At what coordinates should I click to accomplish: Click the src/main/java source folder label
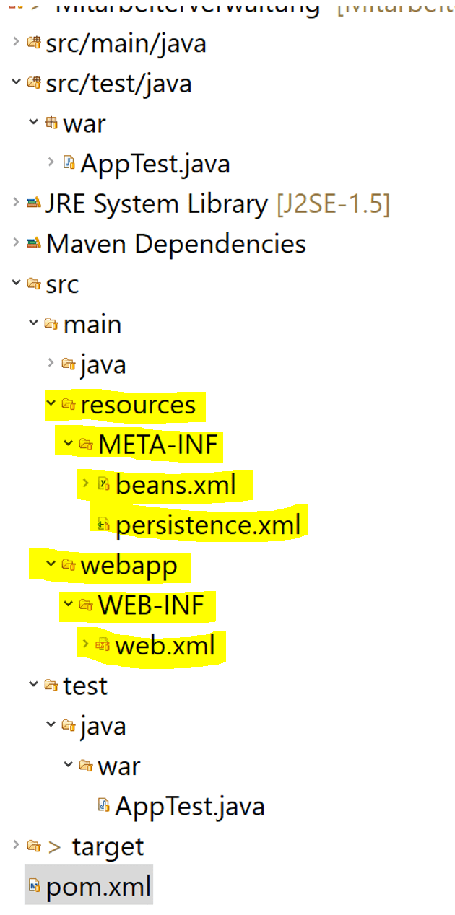tap(125, 43)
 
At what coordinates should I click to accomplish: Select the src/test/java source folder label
tap(118, 84)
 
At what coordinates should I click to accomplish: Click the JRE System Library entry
tap(156, 204)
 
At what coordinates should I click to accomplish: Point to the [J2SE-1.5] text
tap(333, 204)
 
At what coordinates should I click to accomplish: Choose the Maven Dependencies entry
tap(175, 244)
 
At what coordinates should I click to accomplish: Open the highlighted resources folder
tap(138, 405)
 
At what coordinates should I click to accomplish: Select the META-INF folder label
tap(158, 445)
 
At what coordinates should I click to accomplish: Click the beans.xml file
tap(175, 485)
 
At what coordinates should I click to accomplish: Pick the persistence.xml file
tap(207, 525)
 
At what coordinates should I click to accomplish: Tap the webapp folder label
tap(129, 565)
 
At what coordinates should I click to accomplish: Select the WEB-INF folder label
tap(152, 605)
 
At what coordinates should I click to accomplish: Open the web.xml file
tap(165, 645)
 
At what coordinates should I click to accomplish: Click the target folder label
tap(108, 846)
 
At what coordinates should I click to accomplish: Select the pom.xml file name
tap(98, 885)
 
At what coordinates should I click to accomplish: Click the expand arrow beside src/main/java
tap(16, 41)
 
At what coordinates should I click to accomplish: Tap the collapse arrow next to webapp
tap(51, 564)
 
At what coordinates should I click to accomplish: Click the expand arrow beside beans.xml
tap(86, 482)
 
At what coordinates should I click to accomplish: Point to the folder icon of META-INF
tap(86, 445)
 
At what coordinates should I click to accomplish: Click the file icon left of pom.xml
tap(33, 885)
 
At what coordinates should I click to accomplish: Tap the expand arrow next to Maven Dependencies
tap(16, 242)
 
